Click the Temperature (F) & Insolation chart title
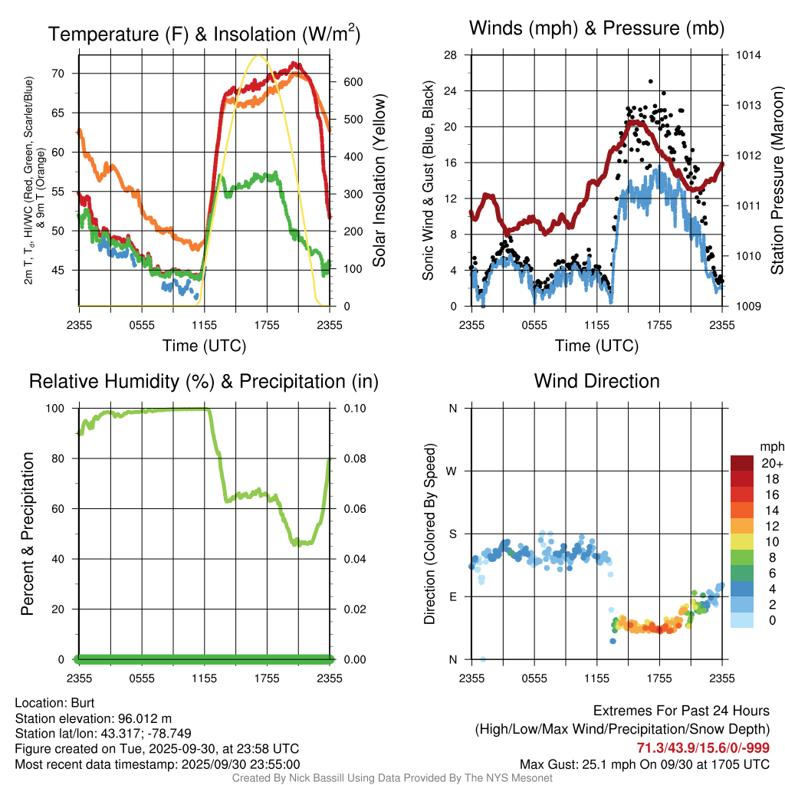click(x=204, y=34)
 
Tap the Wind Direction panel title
click(x=596, y=381)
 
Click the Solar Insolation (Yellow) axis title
click(x=379, y=181)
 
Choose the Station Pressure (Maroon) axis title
click(x=777, y=181)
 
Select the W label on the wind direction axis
click(x=452, y=471)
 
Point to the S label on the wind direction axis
click(x=452, y=534)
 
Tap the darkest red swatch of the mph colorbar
click(x=742, y=463)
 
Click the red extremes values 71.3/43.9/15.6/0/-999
click(x=703, y=747)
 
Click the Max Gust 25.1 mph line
click(x=645, y=764)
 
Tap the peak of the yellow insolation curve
click(x=259, y=56)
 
